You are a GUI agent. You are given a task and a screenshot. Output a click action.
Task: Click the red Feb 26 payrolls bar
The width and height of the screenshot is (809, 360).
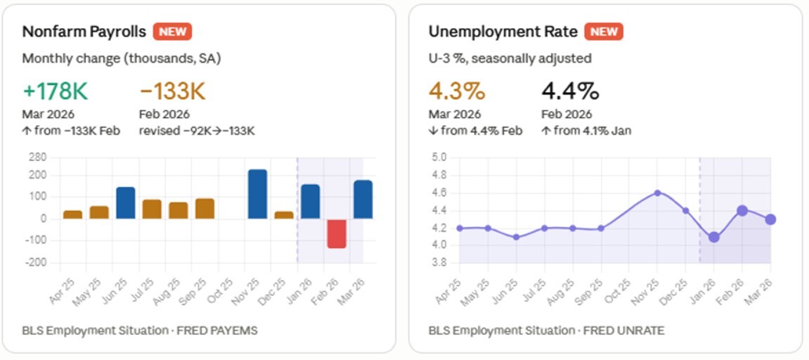tap(337, 233)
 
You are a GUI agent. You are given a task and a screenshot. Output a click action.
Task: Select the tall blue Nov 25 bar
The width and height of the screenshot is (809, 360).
tap(257, 194)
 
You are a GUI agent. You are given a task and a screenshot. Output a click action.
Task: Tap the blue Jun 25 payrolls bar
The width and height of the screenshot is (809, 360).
tap(125, 202)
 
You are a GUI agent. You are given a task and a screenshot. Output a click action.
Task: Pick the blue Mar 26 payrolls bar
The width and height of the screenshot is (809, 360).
tap(363, 200)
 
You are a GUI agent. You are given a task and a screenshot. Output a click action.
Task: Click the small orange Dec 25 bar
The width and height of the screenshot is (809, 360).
tap(284, 214)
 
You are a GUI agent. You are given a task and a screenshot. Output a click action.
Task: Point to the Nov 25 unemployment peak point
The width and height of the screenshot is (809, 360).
tap(657, 193)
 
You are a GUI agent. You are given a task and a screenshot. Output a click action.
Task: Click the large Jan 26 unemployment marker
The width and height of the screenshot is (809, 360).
tap(713, 237)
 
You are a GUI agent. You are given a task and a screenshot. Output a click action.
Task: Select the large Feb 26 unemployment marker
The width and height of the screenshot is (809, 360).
tap(742, 210)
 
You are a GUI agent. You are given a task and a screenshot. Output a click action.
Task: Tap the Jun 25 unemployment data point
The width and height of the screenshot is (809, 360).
tap(516, 237)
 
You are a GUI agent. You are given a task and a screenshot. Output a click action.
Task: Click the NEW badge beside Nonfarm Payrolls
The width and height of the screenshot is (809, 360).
tap(172, 32)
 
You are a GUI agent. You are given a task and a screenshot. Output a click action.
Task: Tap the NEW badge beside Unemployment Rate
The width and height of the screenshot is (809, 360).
tap(604, 32)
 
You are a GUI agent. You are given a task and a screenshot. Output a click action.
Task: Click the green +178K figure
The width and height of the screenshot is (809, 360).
tap(55, 91)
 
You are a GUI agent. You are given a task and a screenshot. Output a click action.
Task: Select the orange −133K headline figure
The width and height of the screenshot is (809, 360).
tap(172, 91)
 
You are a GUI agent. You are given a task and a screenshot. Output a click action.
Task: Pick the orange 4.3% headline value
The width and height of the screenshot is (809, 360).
tap(457, 91)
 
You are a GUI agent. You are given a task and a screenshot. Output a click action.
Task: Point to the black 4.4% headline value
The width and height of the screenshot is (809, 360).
tap(569, 91)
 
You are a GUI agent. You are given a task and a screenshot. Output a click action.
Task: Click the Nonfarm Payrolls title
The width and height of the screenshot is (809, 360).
tap(84, 32)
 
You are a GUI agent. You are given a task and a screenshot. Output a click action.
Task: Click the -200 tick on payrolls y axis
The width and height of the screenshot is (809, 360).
tap(37, 262)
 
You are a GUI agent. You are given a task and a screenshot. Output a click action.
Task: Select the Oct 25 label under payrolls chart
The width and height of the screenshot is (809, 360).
tap(223, 287)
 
